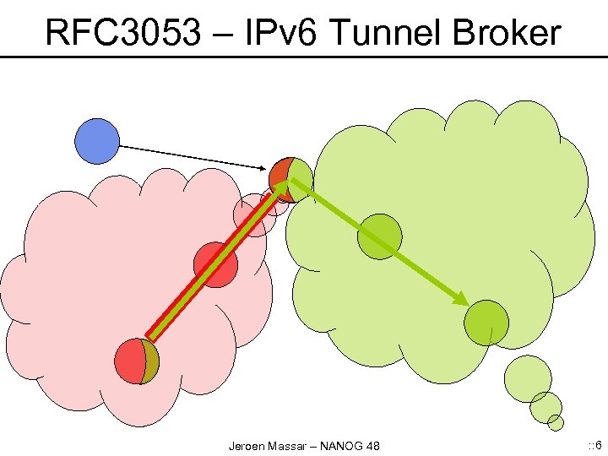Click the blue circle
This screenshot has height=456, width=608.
coord(97,141)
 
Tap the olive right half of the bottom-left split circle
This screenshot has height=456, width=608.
coord(151,361)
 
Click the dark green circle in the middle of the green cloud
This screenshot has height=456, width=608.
coord(378,237)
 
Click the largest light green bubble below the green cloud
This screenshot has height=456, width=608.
coord(528,377)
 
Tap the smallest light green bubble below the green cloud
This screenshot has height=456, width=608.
coord(555,422)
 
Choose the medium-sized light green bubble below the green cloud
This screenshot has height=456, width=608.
coord(546,406)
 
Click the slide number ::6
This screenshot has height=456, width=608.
coord(594,444)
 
